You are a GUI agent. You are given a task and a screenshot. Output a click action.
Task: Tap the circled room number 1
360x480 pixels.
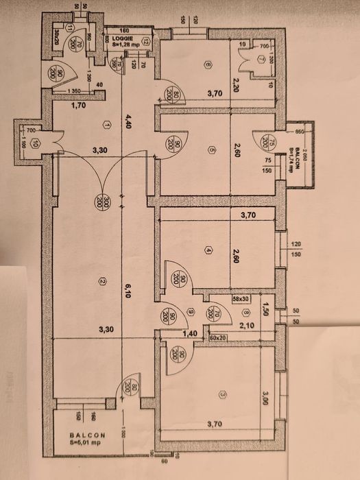tap(106, 124)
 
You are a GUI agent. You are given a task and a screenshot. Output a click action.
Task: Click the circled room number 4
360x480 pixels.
tap(208, 250)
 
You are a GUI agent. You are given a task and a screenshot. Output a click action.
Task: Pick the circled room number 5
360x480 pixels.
tap(213, 151)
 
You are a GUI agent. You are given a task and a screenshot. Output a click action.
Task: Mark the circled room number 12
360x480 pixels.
tap(145, 43)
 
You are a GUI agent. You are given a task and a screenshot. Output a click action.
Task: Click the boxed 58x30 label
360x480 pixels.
tap(220, 299)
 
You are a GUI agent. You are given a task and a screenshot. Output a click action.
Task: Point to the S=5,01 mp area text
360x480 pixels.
tap(86, 442)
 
